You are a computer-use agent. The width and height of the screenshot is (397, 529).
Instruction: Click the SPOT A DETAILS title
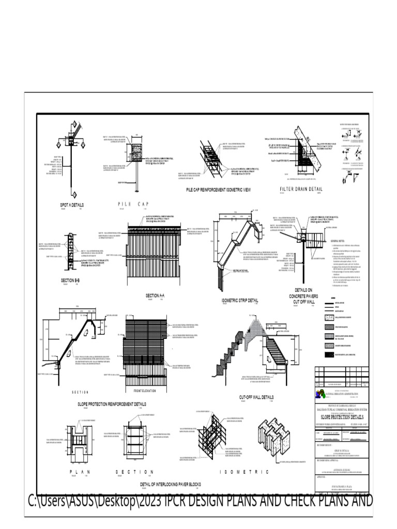click(x=72, y=205)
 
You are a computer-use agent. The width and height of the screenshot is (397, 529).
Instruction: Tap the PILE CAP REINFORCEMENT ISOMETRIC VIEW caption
click(x=218, y=190)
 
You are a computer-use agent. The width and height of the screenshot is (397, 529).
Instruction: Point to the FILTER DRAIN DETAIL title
click(x=301, y=189)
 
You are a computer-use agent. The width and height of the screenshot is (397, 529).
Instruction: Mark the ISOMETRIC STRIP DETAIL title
click(x=240, y=300)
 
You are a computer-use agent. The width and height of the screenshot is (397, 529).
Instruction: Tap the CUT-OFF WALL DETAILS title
click(x=256, y=397)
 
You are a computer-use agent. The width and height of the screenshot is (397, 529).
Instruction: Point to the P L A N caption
click(x=80, y=472)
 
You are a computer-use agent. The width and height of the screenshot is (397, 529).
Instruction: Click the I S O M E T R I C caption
click(x=245, y=472)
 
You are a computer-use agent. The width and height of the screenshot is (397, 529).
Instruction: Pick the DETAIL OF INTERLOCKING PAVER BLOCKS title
click(x=170, y=485)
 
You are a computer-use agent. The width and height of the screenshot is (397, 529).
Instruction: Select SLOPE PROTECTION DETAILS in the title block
click(x=343, y=416)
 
